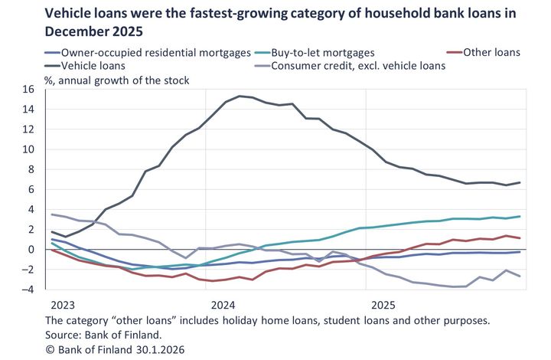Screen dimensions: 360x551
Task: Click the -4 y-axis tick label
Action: [28, 290]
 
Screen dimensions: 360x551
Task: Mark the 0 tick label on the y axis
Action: [31, 250]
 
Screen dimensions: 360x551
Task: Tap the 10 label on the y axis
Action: [28, 149]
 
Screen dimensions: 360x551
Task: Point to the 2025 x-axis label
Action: [379, 304]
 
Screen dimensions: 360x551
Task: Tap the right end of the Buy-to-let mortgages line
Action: [520, 216]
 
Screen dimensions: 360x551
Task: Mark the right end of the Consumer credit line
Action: [520, 276]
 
